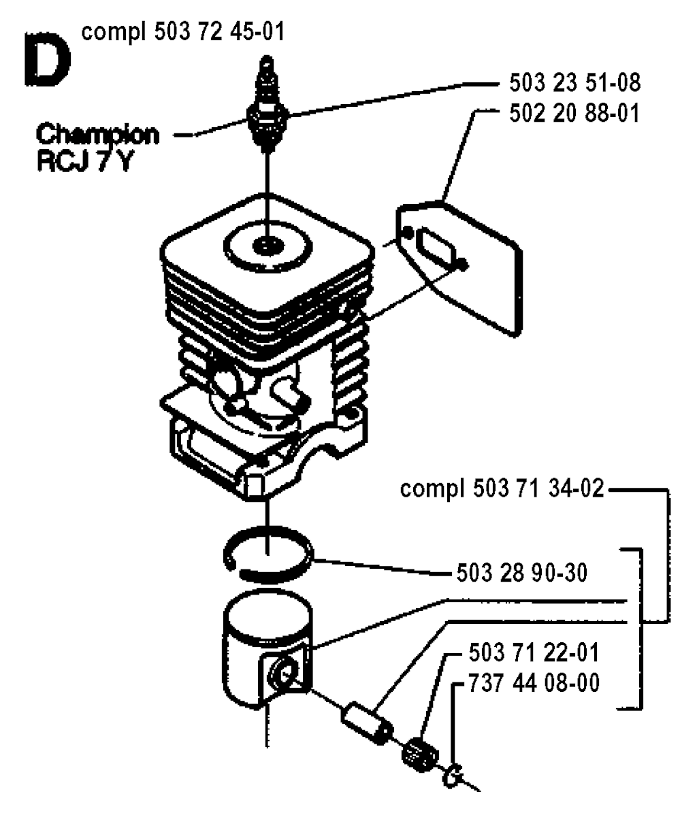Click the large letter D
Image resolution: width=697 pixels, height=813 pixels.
[x=47, y=61]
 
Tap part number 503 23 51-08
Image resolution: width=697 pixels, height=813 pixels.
[x=574, y=82]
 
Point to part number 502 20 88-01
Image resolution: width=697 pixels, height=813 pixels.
[x=574, y=112]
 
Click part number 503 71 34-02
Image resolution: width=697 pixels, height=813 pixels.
[x=539, y=488]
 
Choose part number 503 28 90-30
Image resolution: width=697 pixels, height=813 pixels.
[x=521, y=572]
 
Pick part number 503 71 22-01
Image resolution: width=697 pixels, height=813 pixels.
[x=534, y=652]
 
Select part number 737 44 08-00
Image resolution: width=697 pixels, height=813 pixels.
[x=534, y=682]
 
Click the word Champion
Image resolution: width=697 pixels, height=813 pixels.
[x=97, y=135]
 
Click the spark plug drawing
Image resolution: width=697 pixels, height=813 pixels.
[x=267, y=103]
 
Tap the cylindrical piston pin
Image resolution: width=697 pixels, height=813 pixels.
[x=367, y=723]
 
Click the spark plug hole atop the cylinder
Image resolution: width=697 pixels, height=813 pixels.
[x=268, y=244]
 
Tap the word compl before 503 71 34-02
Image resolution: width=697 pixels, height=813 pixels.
[x=433, y=489]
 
